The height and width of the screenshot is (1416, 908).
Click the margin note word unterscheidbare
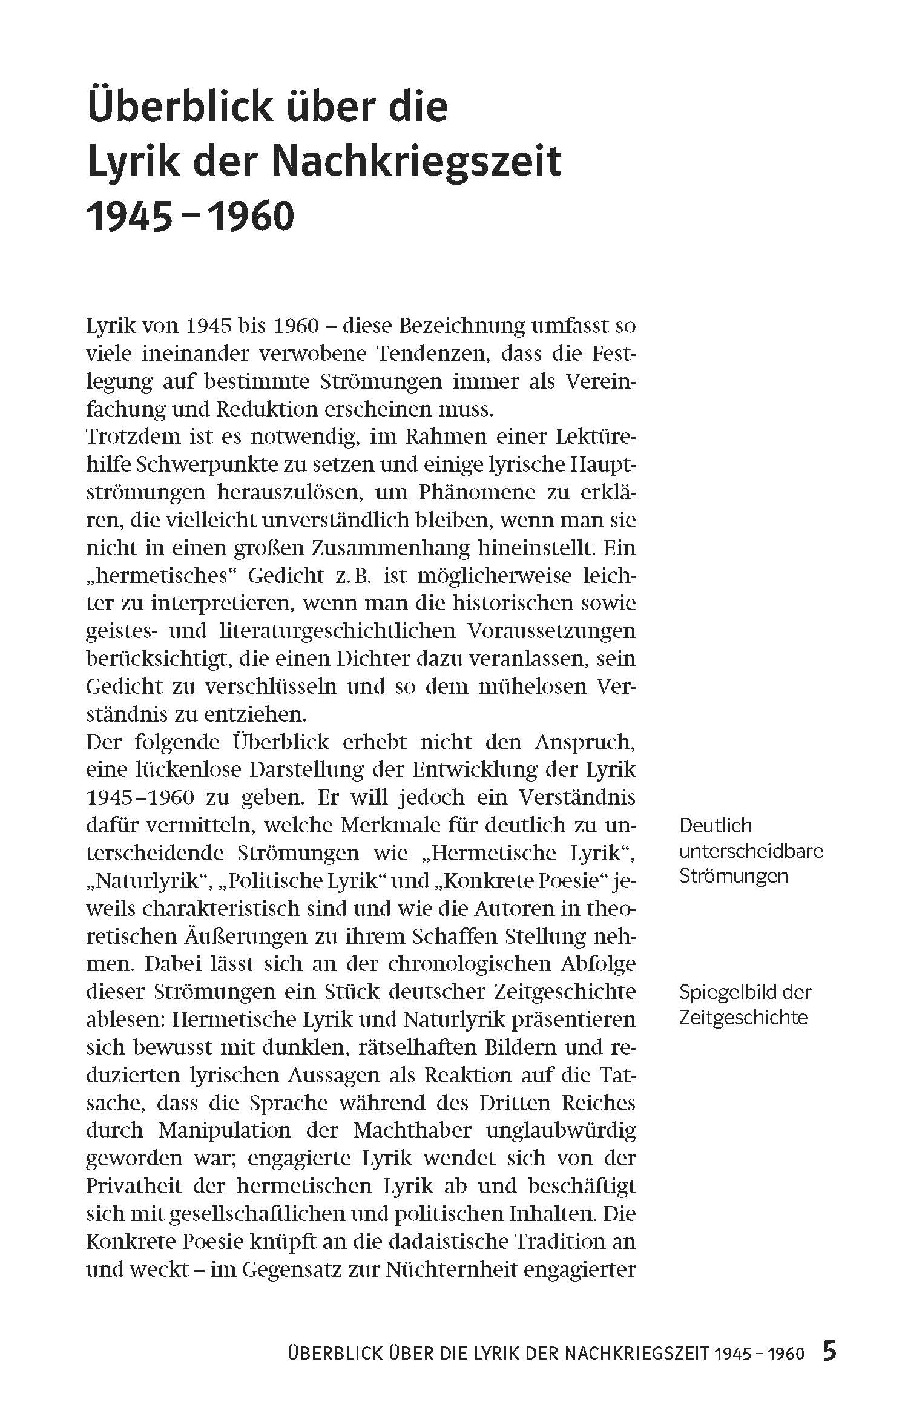pyautogui.click(x=751, y=851)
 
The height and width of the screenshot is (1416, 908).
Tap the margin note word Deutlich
pyautogui.click(x=715, y=825)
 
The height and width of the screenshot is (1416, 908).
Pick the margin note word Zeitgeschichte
pyautogui.click(x=743, y=1018)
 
